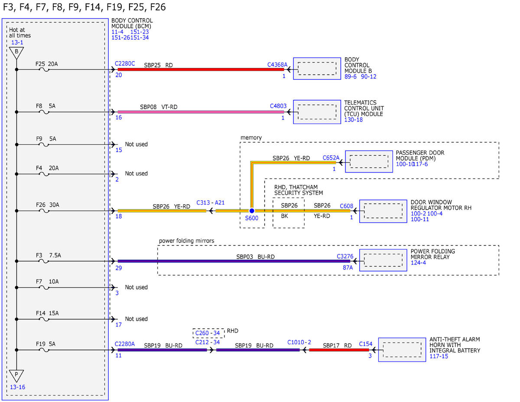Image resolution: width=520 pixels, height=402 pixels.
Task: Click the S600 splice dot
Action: click(x=251, y=211)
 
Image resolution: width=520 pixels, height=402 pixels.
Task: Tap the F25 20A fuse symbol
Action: click(x=44, y=70)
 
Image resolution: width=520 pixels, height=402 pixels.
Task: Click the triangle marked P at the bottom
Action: click(x=16, y=376)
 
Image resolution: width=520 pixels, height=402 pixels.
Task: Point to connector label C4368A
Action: click(x=277, y=65)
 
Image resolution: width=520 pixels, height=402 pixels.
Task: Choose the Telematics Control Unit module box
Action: click(x=317, y=112)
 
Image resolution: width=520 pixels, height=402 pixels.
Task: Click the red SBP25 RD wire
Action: click(x=201, y=69)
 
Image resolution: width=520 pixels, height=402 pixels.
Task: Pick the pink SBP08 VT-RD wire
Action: click(x=201, y=112)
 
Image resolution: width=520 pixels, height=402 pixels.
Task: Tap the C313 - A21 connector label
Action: click(x=210, y=203)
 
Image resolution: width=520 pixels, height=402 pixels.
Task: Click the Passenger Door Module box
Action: click(x=369, y=161)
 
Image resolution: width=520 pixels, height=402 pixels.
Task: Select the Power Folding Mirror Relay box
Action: click(x=383, y=260)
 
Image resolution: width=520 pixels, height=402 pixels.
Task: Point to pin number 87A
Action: click(x=348, y=268)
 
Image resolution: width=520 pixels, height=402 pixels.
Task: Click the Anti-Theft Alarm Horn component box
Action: click(x=402, y=350)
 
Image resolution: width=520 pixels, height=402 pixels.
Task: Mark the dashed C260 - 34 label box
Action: click(x=208, y=333)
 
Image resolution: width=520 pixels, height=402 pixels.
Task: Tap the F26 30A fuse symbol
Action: click(x=44, y=211)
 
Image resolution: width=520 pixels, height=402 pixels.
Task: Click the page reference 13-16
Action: click(x=17, y=387)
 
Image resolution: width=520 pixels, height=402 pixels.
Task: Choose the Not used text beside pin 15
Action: click(x=136, y=144)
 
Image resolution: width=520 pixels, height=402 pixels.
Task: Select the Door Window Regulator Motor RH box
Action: click(x=383, y=211)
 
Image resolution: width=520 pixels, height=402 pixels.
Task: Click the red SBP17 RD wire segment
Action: click(x=339, y=350)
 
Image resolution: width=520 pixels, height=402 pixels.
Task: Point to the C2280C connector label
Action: click(x=125, y=63)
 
